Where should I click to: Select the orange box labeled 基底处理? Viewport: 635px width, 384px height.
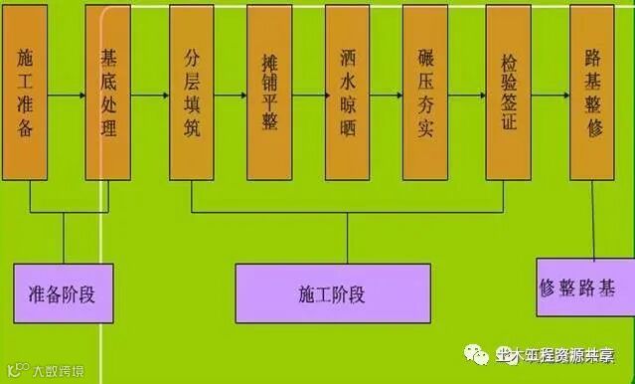coord(108,93)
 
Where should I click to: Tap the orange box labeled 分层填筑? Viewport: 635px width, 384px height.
coord(192,93)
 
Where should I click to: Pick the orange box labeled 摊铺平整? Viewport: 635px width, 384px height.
coord(270,93)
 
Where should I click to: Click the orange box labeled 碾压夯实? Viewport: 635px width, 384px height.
coord(425,93)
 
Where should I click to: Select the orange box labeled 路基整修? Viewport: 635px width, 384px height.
coord(592,93)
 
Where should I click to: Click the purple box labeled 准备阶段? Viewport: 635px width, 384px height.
coord(65,293)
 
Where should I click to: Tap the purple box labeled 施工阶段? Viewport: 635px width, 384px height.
coord(332,293)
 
